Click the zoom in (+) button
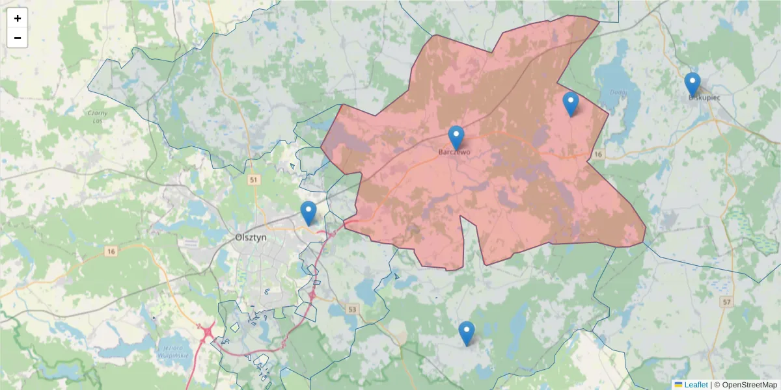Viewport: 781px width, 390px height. click(x=17, y=18)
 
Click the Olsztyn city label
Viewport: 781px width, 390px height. click(x=251, y=238)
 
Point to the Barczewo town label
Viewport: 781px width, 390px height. click(x=455, y=153)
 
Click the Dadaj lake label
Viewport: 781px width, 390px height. click(x=617, y=92)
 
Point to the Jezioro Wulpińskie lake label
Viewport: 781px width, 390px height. click(x=172, y=352)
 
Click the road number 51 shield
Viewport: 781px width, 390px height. click(x=254, y=179)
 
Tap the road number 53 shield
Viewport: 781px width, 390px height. click(x=353, y=309)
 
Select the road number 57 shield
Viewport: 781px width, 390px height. click(x=726, y=302)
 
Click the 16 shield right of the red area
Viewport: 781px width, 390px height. click(x=598, y=154)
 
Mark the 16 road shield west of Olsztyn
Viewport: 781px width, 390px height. click(x=112, y=251)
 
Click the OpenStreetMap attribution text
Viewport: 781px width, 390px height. click(x=745, y=385)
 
